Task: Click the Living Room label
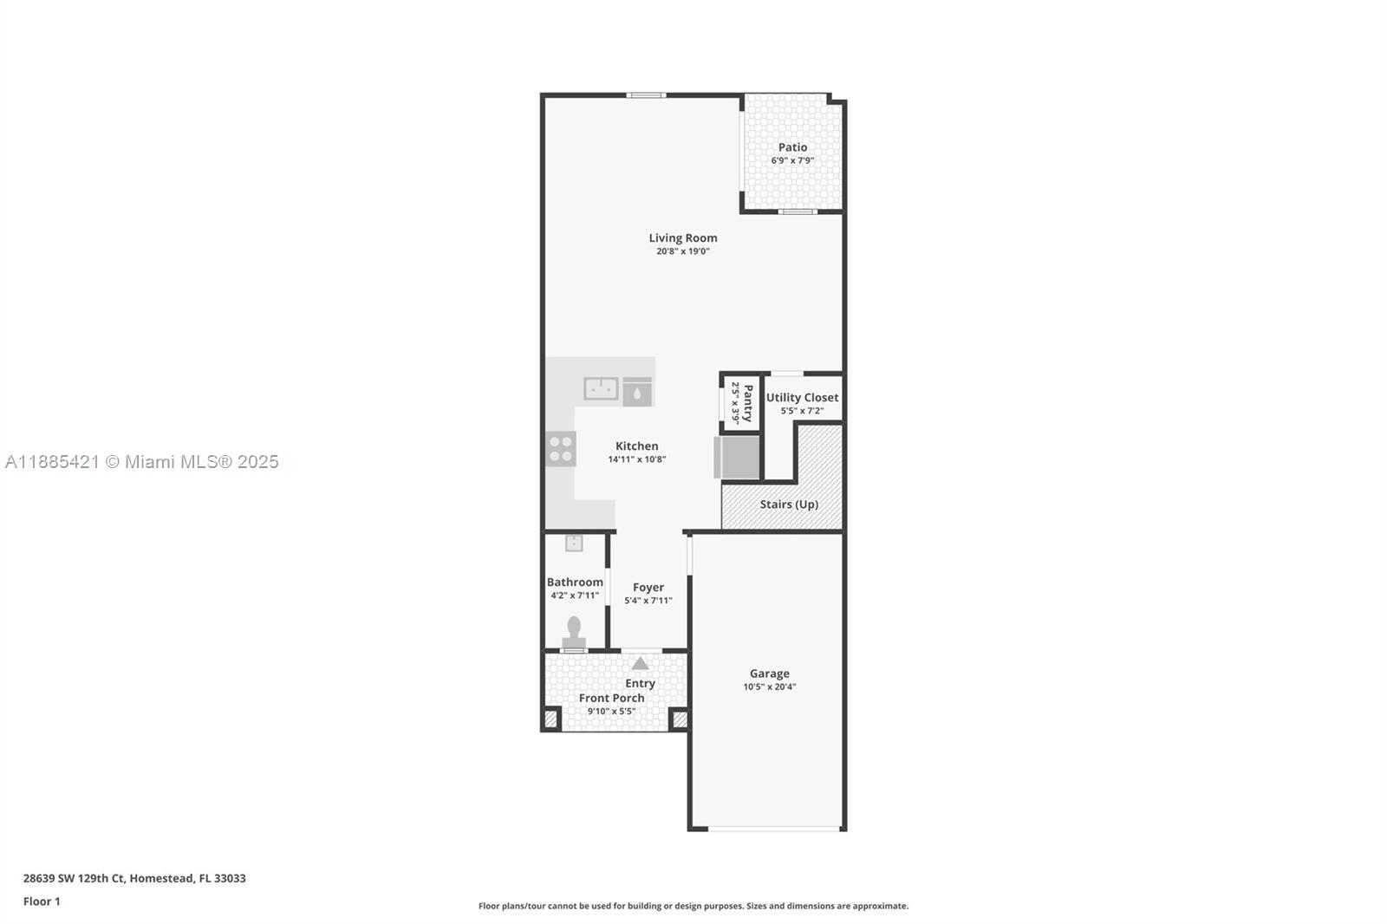[x=683, y=238]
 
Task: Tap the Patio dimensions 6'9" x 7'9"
[x=792, y=160]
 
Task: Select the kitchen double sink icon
[x=601, y=388]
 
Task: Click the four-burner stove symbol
[x=561, y=449]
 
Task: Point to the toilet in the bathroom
[x=574, y=628]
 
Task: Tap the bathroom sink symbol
[x=574, y=543]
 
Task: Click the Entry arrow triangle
[x=640, y=664]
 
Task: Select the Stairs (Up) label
[x=789, y=504]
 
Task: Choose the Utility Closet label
[x=802, y=397]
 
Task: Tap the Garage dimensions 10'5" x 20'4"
[x=769, y=686]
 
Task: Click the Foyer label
[x=648, y=587]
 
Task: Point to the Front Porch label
[x=611, y=698]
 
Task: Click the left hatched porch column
[x=550, y=719]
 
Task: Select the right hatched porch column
[x=680, y=719]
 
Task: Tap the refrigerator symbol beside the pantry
[x=737, y=458]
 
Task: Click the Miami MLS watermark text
[x=142, y=462]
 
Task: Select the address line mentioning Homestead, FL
[x=134, y=878]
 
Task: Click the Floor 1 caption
[x=42, y=901]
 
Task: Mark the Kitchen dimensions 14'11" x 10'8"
[x=636, y=459]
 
